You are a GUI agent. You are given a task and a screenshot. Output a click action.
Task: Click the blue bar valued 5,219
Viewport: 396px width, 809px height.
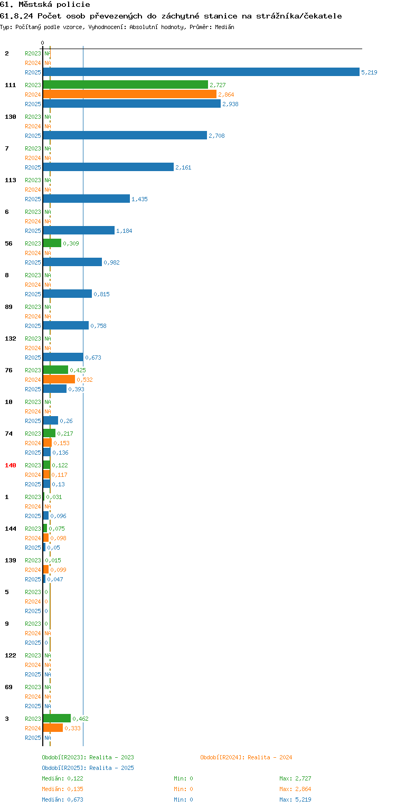coord(201,72)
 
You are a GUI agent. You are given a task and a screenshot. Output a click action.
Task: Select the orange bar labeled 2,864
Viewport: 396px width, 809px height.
coord(129,95)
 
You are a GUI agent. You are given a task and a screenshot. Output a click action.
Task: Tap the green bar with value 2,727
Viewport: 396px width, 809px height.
coord(126,84)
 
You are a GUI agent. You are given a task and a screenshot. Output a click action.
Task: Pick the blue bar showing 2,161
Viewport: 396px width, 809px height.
coord(108,167)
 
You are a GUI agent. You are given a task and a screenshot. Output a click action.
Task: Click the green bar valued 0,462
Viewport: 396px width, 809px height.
coord(56,718)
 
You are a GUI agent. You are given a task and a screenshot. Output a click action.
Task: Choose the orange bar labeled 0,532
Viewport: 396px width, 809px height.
coord(59,379)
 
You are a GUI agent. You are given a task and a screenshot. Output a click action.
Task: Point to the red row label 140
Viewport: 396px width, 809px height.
coord(11,465)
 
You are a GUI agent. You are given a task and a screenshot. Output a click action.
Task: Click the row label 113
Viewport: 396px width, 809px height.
coord(11,180)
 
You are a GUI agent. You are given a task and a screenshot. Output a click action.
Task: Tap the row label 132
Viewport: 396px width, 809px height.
coord(11,338)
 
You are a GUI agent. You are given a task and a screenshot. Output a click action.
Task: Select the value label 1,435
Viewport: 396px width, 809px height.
coord(139,199)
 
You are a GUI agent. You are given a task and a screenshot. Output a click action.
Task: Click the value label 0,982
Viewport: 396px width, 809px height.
coord(111,262)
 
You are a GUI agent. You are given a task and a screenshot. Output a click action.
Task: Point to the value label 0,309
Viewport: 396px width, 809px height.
coord(71,243)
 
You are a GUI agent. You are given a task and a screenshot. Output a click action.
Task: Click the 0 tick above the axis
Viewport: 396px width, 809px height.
coord(42,43)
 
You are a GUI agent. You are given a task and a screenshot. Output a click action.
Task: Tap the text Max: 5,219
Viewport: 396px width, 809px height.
coord(295,799)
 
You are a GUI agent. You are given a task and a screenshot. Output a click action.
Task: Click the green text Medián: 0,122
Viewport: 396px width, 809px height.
coord(62,778)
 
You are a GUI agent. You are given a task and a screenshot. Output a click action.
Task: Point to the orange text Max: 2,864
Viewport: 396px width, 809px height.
coord(295,789)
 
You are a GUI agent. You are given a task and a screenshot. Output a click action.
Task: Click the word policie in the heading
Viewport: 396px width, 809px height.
coord(73,5)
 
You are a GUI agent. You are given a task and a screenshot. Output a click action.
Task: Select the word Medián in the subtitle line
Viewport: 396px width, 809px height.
coord(224,27)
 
